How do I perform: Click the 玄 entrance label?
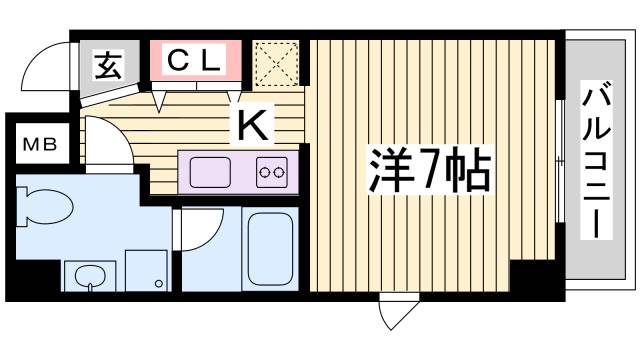107,66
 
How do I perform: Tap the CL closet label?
194,60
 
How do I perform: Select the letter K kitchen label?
251,125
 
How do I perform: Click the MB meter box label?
41,143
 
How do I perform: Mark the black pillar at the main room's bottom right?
526,275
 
